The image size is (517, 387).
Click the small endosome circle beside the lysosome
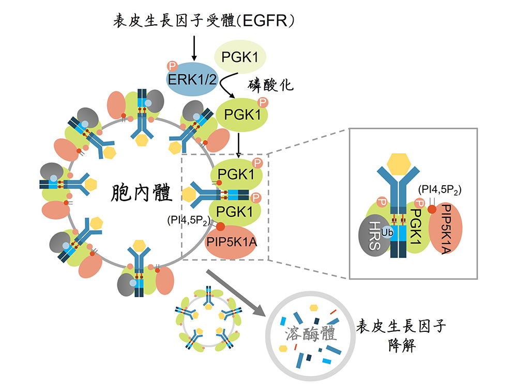209,321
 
